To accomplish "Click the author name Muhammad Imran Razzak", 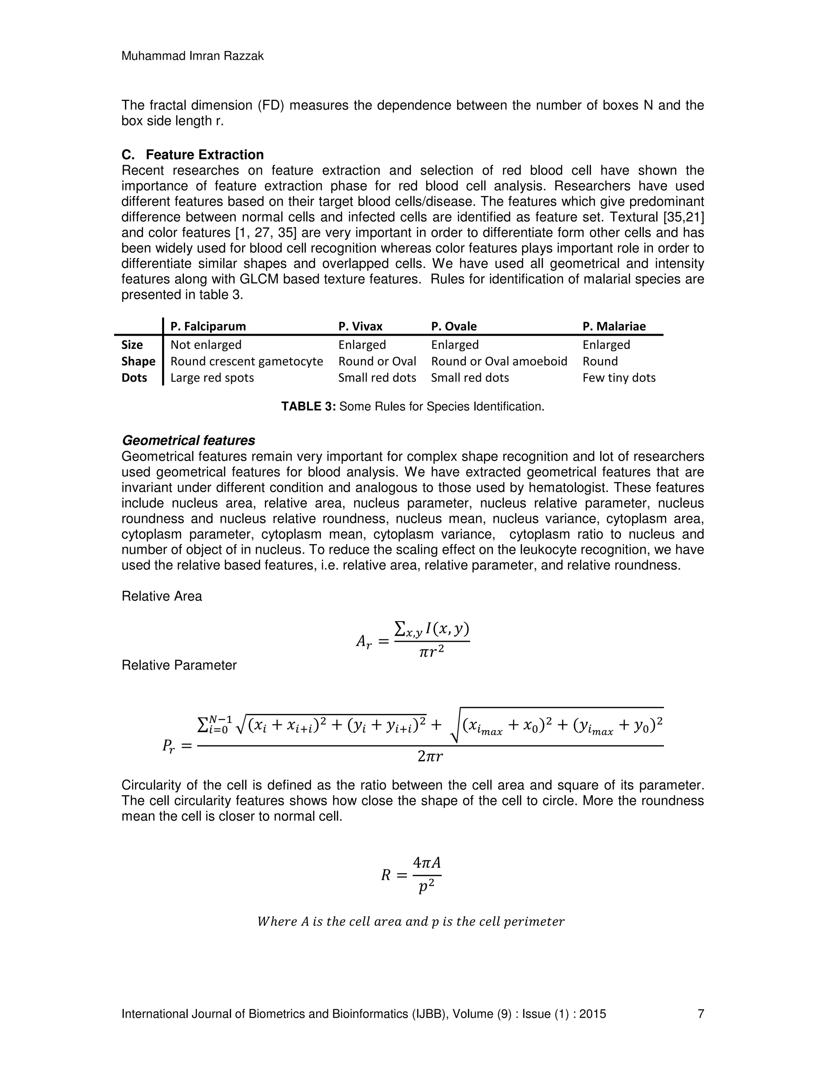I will [x=192, y=56].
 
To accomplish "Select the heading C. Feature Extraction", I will [x=192, y=155].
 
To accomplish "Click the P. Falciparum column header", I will [x=208, y=326].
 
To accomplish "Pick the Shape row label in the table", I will [x=138, y=361].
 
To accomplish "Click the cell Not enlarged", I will [x=206, y=345].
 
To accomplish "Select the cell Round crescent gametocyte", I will [x=246, y=361].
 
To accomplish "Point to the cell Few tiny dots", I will [x=619, y=378].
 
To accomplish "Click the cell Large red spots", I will [x=212, y=378].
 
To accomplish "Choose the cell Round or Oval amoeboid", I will [x=499, y=361].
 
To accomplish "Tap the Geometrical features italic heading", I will [x=188, y=441].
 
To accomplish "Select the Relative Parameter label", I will [x=179, y=665].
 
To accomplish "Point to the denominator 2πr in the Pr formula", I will [x=430, y=757].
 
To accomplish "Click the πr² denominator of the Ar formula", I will [x=432, y=652].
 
